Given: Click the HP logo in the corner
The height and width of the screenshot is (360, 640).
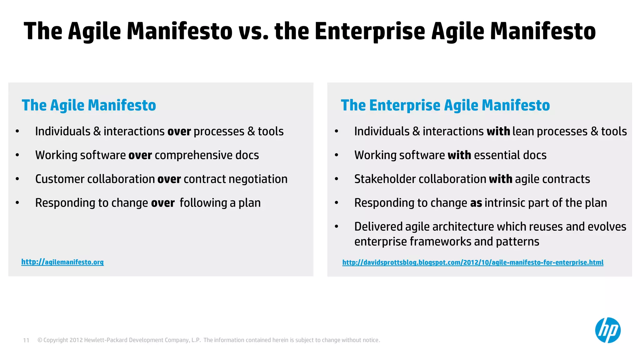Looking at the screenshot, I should pos(607,330).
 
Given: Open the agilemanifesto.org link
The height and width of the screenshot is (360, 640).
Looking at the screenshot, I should pos(62,262).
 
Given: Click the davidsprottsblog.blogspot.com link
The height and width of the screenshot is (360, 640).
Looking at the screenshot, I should pos(472,262).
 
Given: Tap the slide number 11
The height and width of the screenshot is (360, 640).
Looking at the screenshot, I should pos(26,340).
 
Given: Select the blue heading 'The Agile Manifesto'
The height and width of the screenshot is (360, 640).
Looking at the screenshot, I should pos(89,105).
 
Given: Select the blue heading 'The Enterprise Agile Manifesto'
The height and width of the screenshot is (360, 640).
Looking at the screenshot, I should pos(445,105).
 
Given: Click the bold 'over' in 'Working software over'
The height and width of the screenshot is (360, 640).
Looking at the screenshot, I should pos(140,155).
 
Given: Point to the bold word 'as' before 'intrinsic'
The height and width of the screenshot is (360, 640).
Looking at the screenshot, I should pos(476,203).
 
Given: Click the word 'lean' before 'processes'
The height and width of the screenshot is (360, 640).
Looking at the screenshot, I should pos(523,132).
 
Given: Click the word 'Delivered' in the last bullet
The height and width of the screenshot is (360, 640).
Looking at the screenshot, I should pos(378,227).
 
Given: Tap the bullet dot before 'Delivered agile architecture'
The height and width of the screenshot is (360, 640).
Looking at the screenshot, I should pos(337,227).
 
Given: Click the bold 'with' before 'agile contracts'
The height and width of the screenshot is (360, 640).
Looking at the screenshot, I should pos(500,179).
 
